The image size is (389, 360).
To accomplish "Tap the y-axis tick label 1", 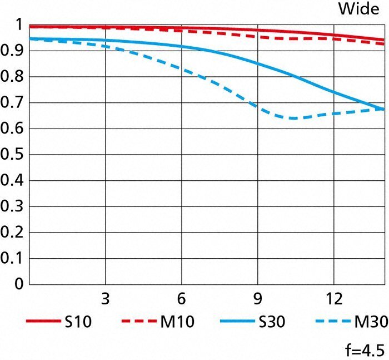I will [19, 25].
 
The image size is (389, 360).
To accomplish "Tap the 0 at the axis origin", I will [19, 284].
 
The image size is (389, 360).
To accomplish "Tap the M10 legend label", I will [178, 321].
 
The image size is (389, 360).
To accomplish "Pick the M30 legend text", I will [368, 321].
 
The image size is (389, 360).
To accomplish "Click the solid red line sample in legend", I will [42, 321].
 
